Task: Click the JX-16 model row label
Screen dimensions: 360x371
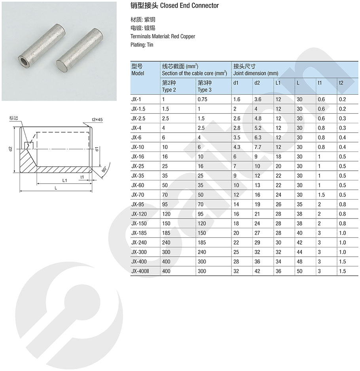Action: click(137, 156)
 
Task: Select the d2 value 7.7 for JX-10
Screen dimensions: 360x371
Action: click(258, 147)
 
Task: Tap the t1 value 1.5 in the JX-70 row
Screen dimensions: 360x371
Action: click(321, 195)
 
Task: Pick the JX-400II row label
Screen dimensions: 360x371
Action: click(140, 271)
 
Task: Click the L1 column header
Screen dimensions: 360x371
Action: click(278, 83)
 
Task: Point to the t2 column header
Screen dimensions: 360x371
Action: click(341, 83)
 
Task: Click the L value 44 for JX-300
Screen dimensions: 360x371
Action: click(299, 252)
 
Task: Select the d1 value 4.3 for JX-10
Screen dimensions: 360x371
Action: click(237, 147)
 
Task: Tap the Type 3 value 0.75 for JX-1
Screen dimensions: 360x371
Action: click(203, 100)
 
